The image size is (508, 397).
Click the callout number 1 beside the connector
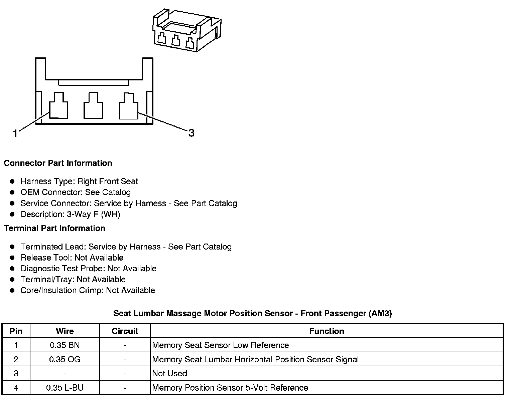15,134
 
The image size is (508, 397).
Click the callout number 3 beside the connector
191,133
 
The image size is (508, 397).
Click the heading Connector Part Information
58,163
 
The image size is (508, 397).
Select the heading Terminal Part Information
54,228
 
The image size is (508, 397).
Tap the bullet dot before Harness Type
12,181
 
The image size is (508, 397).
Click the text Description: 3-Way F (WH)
70,214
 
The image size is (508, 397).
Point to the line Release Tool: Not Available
72,258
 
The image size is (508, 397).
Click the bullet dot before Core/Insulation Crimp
12,291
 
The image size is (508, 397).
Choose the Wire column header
65,331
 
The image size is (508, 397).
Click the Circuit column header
125,331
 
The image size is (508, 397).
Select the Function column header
327,331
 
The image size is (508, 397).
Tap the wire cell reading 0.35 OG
65,359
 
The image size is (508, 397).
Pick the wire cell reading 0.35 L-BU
65,388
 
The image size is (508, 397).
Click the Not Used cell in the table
169,374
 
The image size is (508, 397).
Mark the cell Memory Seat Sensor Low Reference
220,345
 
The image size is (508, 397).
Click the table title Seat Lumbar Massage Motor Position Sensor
252,314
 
